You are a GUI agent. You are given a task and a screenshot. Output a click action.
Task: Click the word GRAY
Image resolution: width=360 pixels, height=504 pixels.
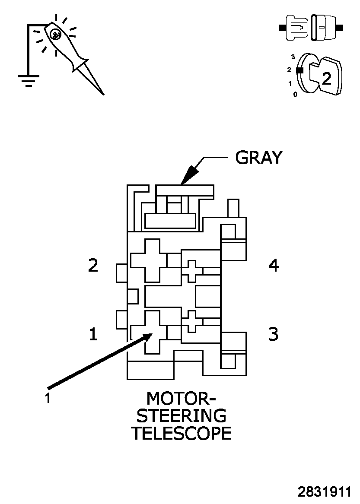point(258,158)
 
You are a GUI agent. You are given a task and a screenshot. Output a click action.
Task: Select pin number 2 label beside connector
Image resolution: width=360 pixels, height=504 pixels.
point(93,265)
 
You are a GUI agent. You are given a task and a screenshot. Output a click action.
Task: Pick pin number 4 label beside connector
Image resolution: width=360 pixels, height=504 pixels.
point(274,266)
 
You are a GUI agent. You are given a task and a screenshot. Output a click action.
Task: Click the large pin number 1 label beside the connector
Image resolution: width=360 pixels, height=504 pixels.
point(93,334)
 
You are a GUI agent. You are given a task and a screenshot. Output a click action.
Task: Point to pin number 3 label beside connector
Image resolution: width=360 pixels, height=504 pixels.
point(274,334)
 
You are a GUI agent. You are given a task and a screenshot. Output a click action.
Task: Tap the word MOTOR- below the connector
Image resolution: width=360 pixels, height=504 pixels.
point(181,398)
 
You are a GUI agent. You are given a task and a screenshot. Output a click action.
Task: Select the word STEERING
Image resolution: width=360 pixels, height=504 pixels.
point(181,415)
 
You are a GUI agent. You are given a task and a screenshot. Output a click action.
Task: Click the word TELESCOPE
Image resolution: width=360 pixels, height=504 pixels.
point(181,433)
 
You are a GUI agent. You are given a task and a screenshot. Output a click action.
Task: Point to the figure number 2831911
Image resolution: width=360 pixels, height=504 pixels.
point(324,492)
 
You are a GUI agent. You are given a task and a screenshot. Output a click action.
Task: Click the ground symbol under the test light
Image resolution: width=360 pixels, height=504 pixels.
point(29,80)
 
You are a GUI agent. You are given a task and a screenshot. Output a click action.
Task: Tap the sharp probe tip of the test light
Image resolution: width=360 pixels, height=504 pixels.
point(103,93)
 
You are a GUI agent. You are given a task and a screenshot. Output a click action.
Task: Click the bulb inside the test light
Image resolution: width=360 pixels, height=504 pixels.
point(55,34)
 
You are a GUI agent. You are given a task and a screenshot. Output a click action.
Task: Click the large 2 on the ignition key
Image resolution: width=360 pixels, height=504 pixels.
point(327,78)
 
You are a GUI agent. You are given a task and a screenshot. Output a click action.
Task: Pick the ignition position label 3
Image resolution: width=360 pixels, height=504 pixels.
point(293,57)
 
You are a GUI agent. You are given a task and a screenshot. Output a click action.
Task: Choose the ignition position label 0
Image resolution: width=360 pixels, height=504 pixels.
point(295,94)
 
